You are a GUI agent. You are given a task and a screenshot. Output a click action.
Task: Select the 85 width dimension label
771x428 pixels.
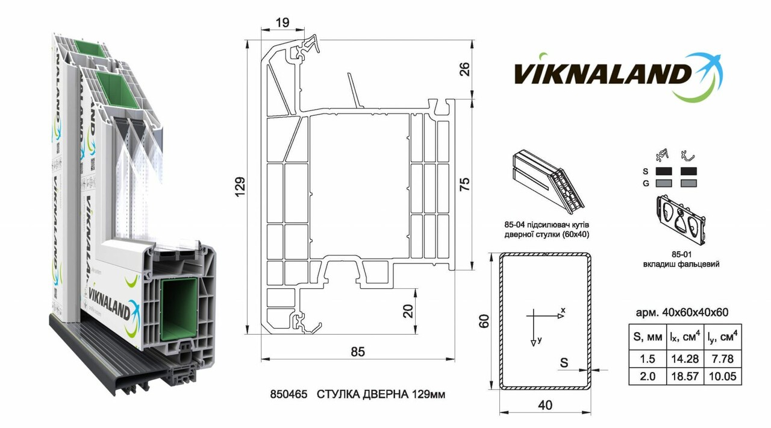click(357, 351)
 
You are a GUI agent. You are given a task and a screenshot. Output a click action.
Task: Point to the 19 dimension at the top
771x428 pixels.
click(282, 23)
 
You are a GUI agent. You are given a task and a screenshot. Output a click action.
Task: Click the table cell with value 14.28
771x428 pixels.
click(684, 359)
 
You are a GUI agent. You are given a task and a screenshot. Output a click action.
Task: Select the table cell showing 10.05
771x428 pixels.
click(725, 377)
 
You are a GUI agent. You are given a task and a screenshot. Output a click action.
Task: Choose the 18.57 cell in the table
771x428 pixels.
click(684, 377)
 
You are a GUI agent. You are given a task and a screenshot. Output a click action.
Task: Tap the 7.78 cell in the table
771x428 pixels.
click(725, 359)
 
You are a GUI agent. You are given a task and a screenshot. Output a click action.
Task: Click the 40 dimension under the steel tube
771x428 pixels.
click(545, 406)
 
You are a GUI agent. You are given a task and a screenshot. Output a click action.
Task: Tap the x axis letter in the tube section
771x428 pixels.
click(563, 310)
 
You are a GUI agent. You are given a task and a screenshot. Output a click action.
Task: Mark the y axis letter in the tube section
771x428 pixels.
click(540, 340)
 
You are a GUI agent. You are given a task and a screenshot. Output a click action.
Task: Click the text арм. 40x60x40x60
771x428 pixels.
click(682, 312)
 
